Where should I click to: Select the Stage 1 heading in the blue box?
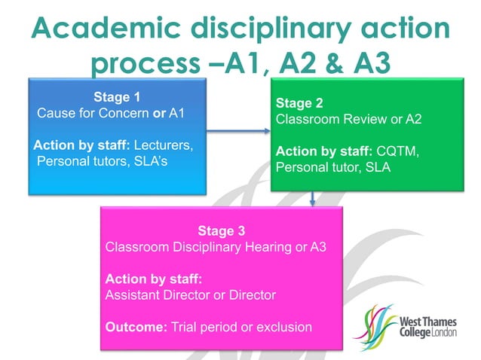(117, 96)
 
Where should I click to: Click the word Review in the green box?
(355, 119)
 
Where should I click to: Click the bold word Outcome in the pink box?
(131, 327)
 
